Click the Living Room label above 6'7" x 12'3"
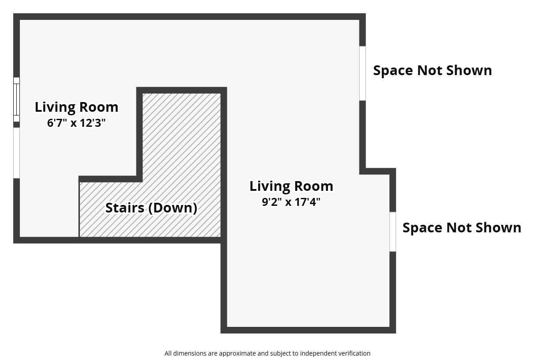point(76,107)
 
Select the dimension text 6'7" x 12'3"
point(76,123)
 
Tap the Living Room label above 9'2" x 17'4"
point(291,186)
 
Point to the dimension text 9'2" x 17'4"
point(291,202)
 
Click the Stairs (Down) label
point(151,208)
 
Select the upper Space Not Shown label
point(432,71)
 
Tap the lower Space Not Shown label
point(462,228)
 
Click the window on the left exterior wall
point(16,99)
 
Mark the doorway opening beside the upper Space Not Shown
point(362,73)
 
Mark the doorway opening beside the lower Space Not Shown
point(392,232)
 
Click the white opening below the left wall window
point(16,153)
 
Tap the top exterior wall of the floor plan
point(190,16)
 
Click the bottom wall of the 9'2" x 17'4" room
point(308,330)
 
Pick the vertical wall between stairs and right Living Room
point(224,163)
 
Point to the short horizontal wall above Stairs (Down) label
point(110,179)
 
